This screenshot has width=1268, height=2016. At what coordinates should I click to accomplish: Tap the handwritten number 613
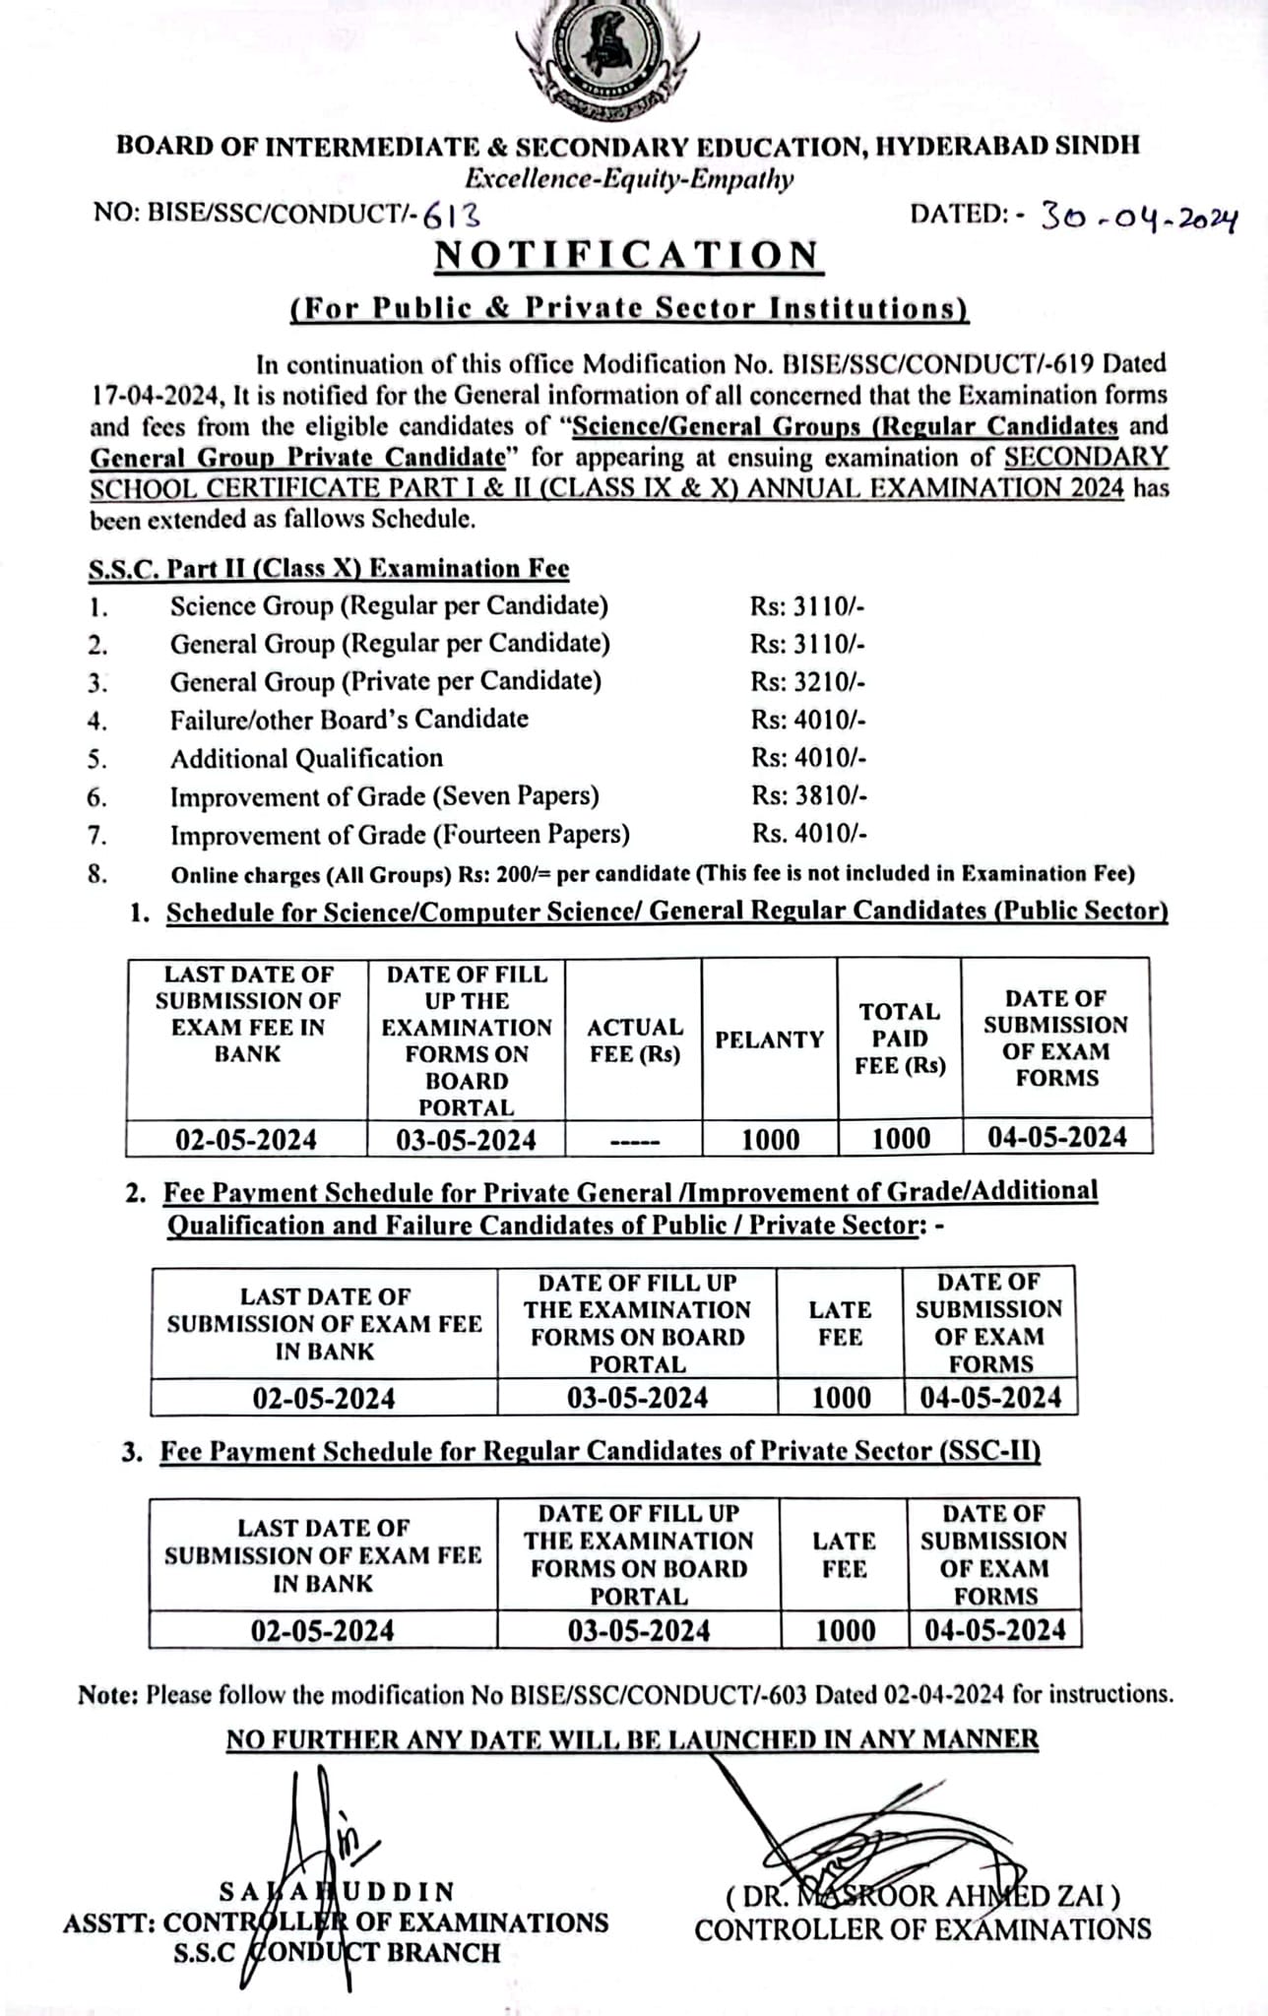coord(452,215)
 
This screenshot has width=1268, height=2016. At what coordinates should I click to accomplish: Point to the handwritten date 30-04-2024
coord(1138,218)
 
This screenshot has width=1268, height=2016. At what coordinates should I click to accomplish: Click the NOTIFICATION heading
coord(628,256)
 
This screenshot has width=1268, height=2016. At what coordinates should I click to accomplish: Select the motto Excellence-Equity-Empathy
coord(629,179)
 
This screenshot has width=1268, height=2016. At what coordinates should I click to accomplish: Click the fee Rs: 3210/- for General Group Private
coord(808,681)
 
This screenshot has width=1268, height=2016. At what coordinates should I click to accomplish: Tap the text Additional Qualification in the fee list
coord(306,758)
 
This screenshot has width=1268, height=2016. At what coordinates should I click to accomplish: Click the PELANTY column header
coord(769,1039)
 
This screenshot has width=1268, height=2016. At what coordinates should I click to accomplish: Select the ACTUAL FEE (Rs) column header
coord(635,1040)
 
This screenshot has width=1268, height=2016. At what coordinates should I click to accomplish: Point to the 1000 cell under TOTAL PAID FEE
coord(901,1140)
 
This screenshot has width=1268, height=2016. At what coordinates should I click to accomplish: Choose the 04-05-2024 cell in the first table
coord(1057,1138)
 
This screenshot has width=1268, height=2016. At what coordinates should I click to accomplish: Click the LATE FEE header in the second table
coord(840,1323)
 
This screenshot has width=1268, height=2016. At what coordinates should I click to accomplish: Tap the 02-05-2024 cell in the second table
coord(324,1399)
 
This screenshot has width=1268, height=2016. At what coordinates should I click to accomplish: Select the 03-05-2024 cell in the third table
coord(639,1631)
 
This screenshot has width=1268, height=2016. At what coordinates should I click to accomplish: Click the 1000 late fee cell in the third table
coord(845,1631)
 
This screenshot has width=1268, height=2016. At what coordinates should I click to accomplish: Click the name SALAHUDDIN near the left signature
coord(337,1891)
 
